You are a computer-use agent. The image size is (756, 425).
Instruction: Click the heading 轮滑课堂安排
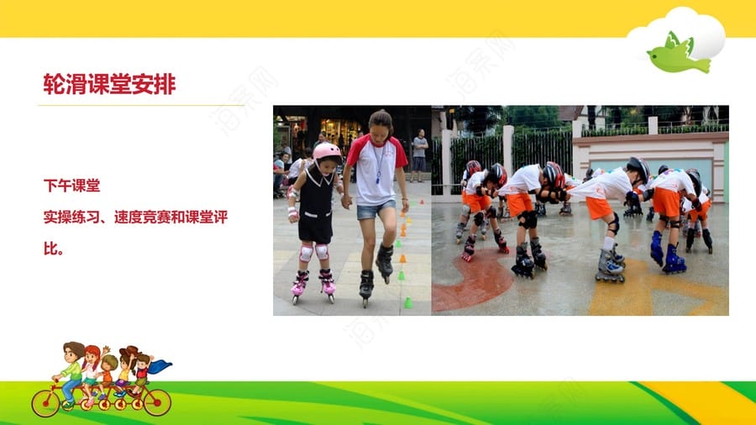(109, 84)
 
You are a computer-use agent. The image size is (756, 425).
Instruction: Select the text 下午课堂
(72, 186)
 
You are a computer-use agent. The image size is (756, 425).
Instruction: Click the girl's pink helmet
(327, 151)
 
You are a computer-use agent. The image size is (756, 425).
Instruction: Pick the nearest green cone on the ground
(408, 302)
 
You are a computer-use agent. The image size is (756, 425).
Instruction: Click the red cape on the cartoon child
(160, 366)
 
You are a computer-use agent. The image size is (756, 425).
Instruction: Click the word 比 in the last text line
(50, 249)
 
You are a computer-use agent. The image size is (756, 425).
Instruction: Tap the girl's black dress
(316, 207)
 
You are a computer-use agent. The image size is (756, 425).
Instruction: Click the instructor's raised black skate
(385, 262)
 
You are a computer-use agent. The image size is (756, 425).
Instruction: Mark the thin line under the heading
(141, 104)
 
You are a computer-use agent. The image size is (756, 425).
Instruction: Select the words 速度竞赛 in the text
(142, 218)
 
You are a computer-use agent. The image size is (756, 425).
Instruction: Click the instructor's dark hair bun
(381, 118)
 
